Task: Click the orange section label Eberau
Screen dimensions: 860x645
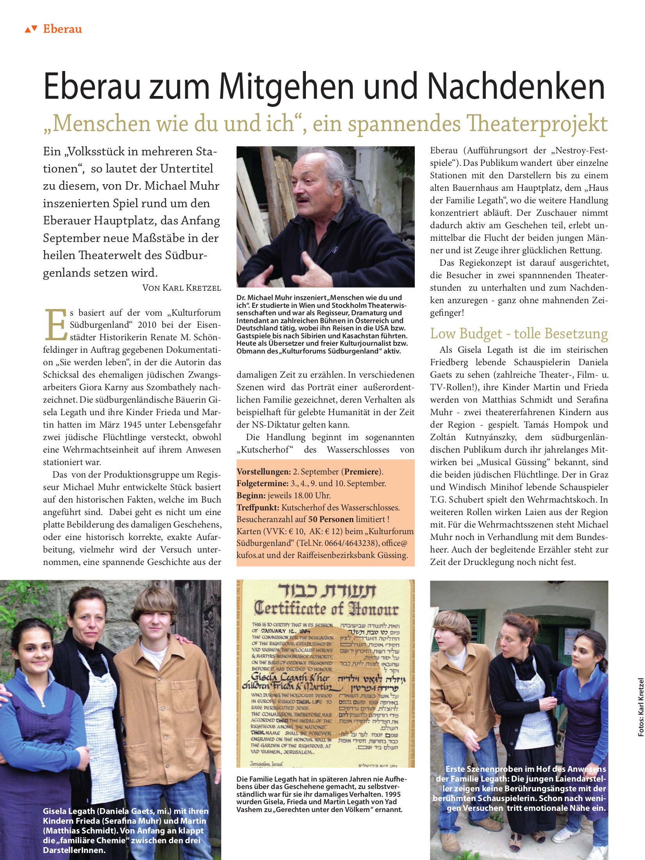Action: click(x=62, y=29)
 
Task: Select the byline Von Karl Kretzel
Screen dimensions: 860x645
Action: click(x=181, y=288)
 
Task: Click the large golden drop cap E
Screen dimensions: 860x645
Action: click(x=56, y=325)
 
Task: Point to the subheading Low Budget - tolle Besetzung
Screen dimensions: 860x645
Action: click(x=519, y=334)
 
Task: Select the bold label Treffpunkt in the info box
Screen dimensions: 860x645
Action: click(x=258, y=508)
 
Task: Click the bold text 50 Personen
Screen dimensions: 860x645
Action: click(x=331, y=519)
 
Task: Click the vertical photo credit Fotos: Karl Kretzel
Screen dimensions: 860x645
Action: click(x=641, y=707)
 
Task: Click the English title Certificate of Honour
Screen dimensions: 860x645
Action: click(x=326, y=609)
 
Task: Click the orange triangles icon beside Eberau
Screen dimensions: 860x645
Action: click(x=31, y=29)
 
